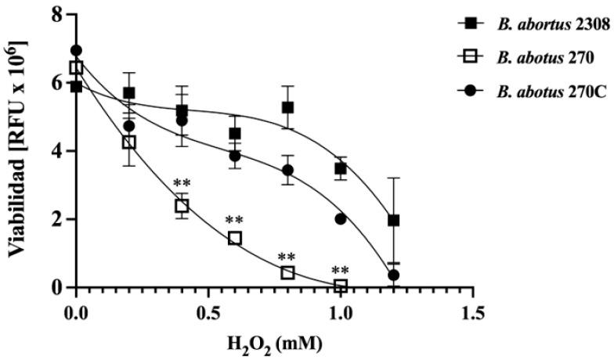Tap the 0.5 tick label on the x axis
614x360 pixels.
tap(208, 310)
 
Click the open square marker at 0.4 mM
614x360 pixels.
tap(182, 207)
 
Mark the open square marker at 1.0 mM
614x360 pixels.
tap(341, 286)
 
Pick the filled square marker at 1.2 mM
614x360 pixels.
tap(393, 221)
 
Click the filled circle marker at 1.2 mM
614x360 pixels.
tap(393, 275)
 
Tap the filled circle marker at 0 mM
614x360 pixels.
tap(76, 51)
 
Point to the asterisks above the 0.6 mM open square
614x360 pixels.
tap(233, 221)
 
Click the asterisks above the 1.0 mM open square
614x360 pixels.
tap(340, 271)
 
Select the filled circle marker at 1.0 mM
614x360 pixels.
tap(341, 219)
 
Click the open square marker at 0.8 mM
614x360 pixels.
tap(287, 272)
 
